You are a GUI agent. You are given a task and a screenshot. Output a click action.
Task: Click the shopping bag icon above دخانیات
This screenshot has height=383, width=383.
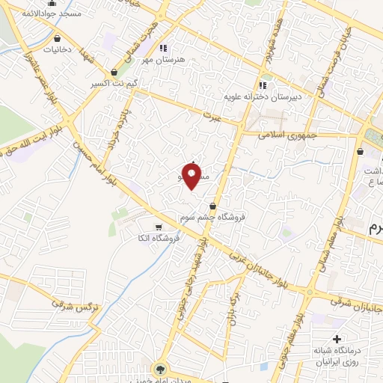coord(52,39)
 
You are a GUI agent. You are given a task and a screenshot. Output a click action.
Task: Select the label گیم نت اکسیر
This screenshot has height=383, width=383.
coord(117,83)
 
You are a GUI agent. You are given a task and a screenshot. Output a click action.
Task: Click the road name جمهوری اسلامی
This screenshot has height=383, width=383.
coord(288,135)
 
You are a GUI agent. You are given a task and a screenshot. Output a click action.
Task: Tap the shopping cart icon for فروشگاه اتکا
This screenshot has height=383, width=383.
coord(157,227)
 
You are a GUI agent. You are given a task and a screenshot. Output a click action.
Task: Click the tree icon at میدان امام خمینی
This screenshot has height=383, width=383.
coord(159,369)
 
